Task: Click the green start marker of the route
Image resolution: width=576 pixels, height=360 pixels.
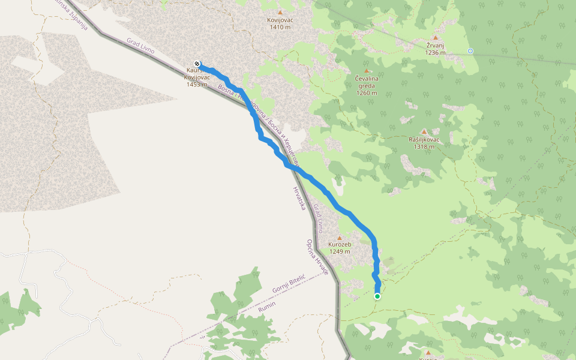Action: [x=377, y=296]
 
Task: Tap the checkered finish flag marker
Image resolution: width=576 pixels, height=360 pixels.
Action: [x=197, y=64]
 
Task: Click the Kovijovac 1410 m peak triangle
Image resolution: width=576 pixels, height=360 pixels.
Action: [x=280, y=12]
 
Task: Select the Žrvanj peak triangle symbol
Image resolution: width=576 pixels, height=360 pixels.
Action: [x=436, y=37]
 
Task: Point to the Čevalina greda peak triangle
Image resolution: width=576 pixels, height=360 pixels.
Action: [x=367, y=71]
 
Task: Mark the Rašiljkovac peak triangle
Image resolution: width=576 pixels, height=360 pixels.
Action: [x=424, y=132]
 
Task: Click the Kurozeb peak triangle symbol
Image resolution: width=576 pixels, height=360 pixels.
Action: [x=340, y=236]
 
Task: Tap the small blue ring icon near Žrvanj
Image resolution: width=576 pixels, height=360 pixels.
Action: [x=470, y=51]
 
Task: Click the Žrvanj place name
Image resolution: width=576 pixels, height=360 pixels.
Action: [x=436, y=45]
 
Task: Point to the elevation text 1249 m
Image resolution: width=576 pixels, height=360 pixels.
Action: [x=340, y=251]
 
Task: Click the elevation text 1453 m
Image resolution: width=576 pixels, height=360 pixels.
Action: [x=196, y=84]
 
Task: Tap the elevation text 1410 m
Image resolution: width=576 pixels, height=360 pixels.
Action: [x=280, y=27]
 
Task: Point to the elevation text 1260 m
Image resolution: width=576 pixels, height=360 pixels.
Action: [x=366, y=93]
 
